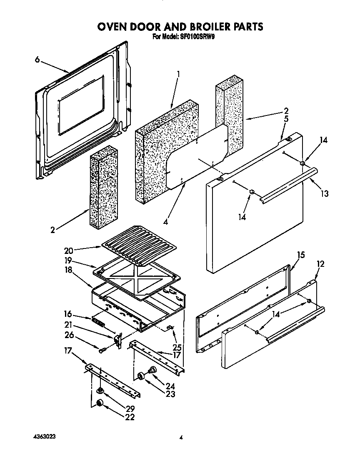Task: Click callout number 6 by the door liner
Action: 37,60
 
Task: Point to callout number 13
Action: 325,193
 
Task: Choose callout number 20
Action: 69,251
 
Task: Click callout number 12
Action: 320,264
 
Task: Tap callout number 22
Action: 130,417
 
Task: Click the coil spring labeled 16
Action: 100,322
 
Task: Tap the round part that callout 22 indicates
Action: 100,403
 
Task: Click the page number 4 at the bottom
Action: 181,437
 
